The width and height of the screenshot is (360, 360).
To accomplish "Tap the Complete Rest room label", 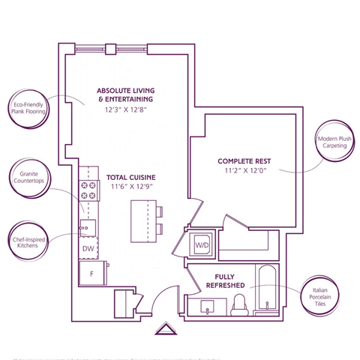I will pyautogui.click(x=244, y=161).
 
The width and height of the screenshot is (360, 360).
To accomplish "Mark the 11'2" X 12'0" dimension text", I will pyautogui.click(x=244, y=171).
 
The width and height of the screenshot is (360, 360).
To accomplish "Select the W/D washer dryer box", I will pyautogui.click(x=202, y=244).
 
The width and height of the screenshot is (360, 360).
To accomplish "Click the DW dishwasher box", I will pyautogui.click(x=88, y=248).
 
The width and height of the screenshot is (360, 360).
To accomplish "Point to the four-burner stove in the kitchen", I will pyautogui.click(x=89, y=190).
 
